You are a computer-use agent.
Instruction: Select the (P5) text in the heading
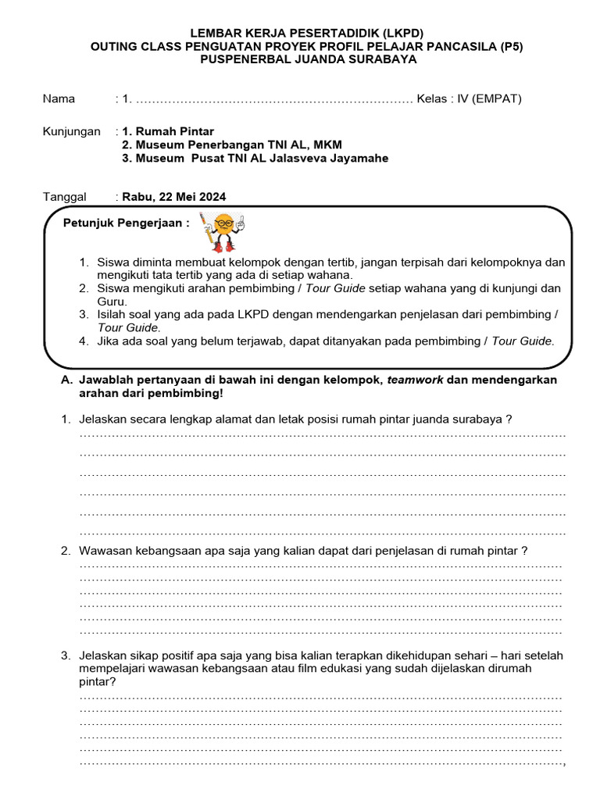pos(508,46)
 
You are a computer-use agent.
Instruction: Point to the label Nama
pos(59,98)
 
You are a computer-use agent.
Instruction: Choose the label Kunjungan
pos(71,131)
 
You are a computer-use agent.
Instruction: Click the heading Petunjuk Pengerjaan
pos(126,223)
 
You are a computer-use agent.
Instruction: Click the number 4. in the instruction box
pos(84,341)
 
